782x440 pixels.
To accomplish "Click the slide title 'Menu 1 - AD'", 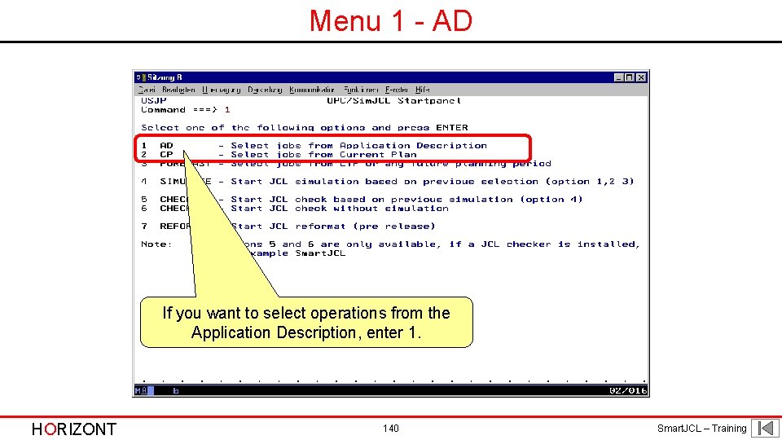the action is point(391,21).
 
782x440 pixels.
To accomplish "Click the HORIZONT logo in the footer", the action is point(73,429).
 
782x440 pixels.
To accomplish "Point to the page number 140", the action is point(391,429).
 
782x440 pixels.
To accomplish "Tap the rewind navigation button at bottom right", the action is point(765,428).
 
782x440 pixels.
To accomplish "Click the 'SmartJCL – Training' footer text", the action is point(701,429).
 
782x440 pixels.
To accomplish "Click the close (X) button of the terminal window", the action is point(642,77).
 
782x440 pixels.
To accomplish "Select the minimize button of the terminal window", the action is point(619,77).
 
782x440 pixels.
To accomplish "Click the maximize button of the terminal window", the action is point(630,77).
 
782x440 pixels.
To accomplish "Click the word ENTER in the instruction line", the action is point(452,128).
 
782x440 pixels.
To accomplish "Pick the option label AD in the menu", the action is point(166,146).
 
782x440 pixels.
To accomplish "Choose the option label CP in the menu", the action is point(166,155).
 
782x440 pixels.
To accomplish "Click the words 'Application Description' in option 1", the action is point(413,146).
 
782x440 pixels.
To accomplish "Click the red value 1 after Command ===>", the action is point(227,110).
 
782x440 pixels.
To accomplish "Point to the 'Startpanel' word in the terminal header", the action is point(429,101).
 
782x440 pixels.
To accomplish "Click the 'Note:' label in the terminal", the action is point(156,244).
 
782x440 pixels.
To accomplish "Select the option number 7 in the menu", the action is point(144,227).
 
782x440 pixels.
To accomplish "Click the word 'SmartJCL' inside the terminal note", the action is point(320,253).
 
